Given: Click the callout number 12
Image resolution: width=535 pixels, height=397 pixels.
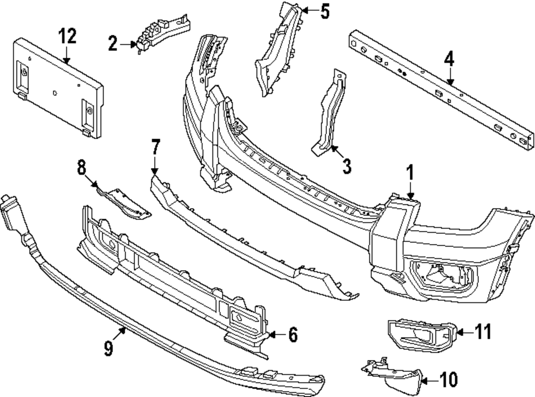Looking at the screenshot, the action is pyautogui.click(x=67, y=37).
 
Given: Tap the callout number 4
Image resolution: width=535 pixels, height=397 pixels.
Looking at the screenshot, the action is pyautogui.click(x=449, y=59).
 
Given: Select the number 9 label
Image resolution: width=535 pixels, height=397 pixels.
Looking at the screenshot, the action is pyautogui.click(x=108, y=349).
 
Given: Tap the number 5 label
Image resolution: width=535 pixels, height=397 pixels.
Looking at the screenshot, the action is pyautogui.click(x=325, y=11).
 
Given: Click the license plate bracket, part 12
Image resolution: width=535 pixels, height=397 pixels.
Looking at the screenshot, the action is pyautogui.click(x=56, y=88).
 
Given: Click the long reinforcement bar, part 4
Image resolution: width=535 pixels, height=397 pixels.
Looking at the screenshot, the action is pyautogui.click(x=439, y=86).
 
